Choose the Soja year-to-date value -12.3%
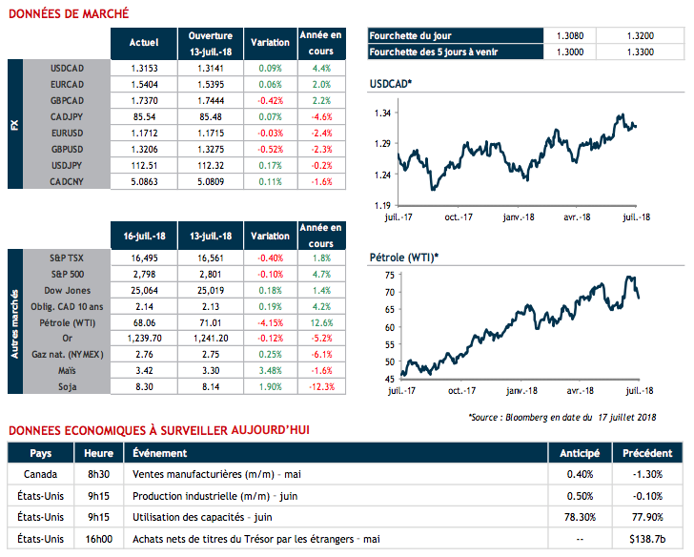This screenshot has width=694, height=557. (x=320, y=387)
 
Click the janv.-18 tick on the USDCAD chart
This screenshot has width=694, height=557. (x=519, y=217)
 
